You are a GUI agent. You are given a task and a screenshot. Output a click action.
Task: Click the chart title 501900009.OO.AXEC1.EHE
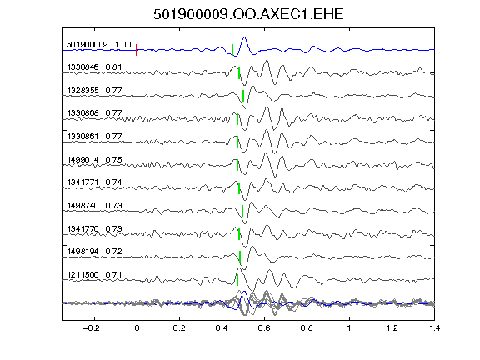pos(248,14)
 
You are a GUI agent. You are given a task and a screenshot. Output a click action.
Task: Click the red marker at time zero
pos(137,50)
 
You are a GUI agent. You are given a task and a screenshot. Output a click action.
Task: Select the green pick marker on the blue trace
pos(232,50)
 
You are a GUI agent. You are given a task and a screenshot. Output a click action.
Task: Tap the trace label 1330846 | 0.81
pos(94,67)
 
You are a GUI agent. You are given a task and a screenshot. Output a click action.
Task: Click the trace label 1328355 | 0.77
pos(94,90)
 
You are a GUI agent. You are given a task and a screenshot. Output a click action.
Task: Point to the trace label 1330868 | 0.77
pos(94,113)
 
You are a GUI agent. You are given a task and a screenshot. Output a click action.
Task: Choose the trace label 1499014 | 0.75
pos(94,159)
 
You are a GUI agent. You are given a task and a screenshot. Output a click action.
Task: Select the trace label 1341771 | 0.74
pos(94,182)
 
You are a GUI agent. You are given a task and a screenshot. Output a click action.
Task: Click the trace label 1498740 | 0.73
pos(94,205)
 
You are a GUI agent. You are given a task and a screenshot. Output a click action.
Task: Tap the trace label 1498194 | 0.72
pos(94,252)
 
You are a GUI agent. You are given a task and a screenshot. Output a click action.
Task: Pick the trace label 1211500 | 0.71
pos(94,275)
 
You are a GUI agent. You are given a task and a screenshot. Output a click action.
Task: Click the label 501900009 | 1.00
pos(99,45)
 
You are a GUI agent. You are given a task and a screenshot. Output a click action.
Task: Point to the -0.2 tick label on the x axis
pos(91,328)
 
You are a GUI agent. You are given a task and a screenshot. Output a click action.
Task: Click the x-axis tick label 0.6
pos(264,328)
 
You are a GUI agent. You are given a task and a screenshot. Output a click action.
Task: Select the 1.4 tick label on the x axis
pos(434,328)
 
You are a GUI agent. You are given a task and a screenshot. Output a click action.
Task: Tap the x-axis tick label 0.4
pos(222,328)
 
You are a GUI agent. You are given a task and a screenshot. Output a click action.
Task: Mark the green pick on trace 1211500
pos(237,280)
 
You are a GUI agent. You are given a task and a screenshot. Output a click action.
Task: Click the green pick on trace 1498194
pos(240,257)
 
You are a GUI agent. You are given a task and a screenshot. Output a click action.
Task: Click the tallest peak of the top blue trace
pos(244,37)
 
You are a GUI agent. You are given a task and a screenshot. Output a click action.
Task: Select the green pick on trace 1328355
pos(243,96)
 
